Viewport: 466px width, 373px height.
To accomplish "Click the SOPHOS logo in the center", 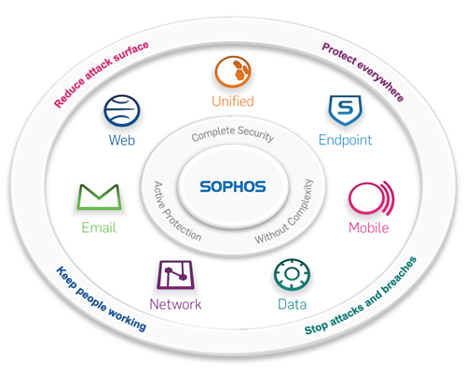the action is click(x=233, y=186).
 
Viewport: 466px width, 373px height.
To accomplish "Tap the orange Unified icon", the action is click(x=233, y=72).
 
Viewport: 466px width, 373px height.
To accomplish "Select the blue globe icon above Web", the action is click(x=122, y=111).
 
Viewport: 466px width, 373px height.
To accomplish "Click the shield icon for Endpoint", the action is click(x=345, y=110).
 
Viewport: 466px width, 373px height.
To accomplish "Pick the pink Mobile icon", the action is click(x=371, y=198).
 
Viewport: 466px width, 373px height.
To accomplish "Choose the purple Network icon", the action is click(x=175, y=275).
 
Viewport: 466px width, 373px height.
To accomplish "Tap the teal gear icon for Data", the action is click(x=292, y=274).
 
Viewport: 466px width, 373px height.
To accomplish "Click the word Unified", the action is click(x=233, y=102).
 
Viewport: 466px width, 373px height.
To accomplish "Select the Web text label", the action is click(x=122, y=140).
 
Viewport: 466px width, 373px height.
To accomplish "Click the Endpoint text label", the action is click(x=345, y=141).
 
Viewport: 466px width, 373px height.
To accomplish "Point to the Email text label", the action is click(x=99, y=228).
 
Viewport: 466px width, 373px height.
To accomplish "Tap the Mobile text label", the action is click(x=369, y=228).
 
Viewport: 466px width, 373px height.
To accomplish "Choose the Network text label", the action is click(x=175, y=304).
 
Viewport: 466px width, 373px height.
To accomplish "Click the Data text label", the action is click(x=292, y=304).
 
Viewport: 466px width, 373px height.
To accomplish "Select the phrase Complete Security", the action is click(x=233, y=133).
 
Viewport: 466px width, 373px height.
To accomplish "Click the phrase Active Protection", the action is click(x=175, y=213).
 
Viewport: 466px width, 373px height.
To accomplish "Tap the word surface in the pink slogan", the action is click(x=131, y=52).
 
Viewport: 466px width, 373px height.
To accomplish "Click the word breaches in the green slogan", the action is click(x=400, y=274).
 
